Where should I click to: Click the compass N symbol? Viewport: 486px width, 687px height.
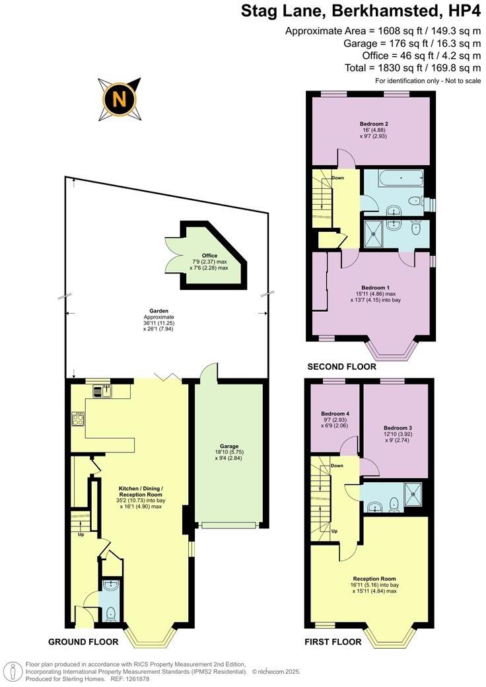[120, 99]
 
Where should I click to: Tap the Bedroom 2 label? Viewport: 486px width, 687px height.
[373, 124]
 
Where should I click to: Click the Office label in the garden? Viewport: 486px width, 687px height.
[209, 255]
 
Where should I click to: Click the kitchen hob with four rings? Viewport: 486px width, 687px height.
[78, 418]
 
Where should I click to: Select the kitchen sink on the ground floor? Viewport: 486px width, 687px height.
[105, 390]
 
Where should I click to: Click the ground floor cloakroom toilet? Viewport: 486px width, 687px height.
[110, 612]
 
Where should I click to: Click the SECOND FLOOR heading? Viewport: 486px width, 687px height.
[341, 367]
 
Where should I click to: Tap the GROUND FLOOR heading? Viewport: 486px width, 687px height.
[83, 641]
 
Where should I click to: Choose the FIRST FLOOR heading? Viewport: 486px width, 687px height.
[333, 641]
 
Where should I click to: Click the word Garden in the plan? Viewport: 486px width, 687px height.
[158, 310]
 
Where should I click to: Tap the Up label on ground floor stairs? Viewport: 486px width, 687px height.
[81, 534]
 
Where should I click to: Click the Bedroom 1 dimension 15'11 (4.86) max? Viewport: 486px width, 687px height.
[373, 293]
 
